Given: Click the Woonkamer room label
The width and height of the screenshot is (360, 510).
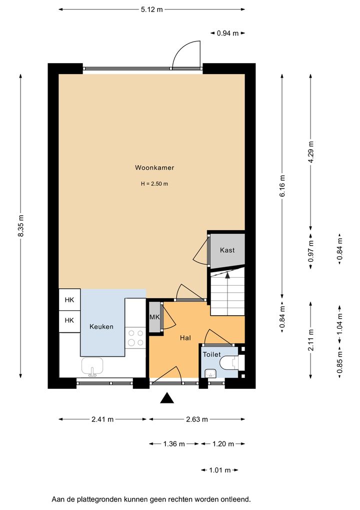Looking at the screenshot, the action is click(154, 168).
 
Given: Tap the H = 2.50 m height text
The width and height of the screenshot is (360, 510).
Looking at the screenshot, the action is click(154, 184).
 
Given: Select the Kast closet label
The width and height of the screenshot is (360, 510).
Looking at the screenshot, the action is click(227, 250).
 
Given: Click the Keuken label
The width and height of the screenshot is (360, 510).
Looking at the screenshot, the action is click(101, 326).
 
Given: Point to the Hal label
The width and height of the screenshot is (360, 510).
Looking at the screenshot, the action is click(185, 338).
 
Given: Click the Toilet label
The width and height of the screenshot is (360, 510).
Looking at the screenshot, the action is click(212, 354).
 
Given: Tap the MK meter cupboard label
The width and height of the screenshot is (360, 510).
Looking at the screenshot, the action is click(154, 317).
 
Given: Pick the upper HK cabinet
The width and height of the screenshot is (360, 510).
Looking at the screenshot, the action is click(69, 300).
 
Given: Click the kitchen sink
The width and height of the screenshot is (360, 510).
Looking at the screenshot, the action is click(92, 366).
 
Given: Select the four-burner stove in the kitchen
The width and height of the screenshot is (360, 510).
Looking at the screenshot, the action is click(136, 338).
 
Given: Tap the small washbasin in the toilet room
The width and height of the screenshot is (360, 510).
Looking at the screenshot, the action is click(211, 373).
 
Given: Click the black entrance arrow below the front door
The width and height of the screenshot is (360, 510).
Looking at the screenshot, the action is click(167, 398).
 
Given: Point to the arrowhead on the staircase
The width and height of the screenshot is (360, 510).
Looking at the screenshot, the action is click(227, 275).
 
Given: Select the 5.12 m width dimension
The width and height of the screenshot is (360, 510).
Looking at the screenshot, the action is click(151, 10).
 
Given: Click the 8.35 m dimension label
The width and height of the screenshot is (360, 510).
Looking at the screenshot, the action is click(21, 226).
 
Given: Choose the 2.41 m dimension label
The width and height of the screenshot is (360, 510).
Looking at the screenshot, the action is click(102, 419).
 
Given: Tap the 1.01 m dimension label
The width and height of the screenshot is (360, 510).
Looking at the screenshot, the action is click(219, 470).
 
